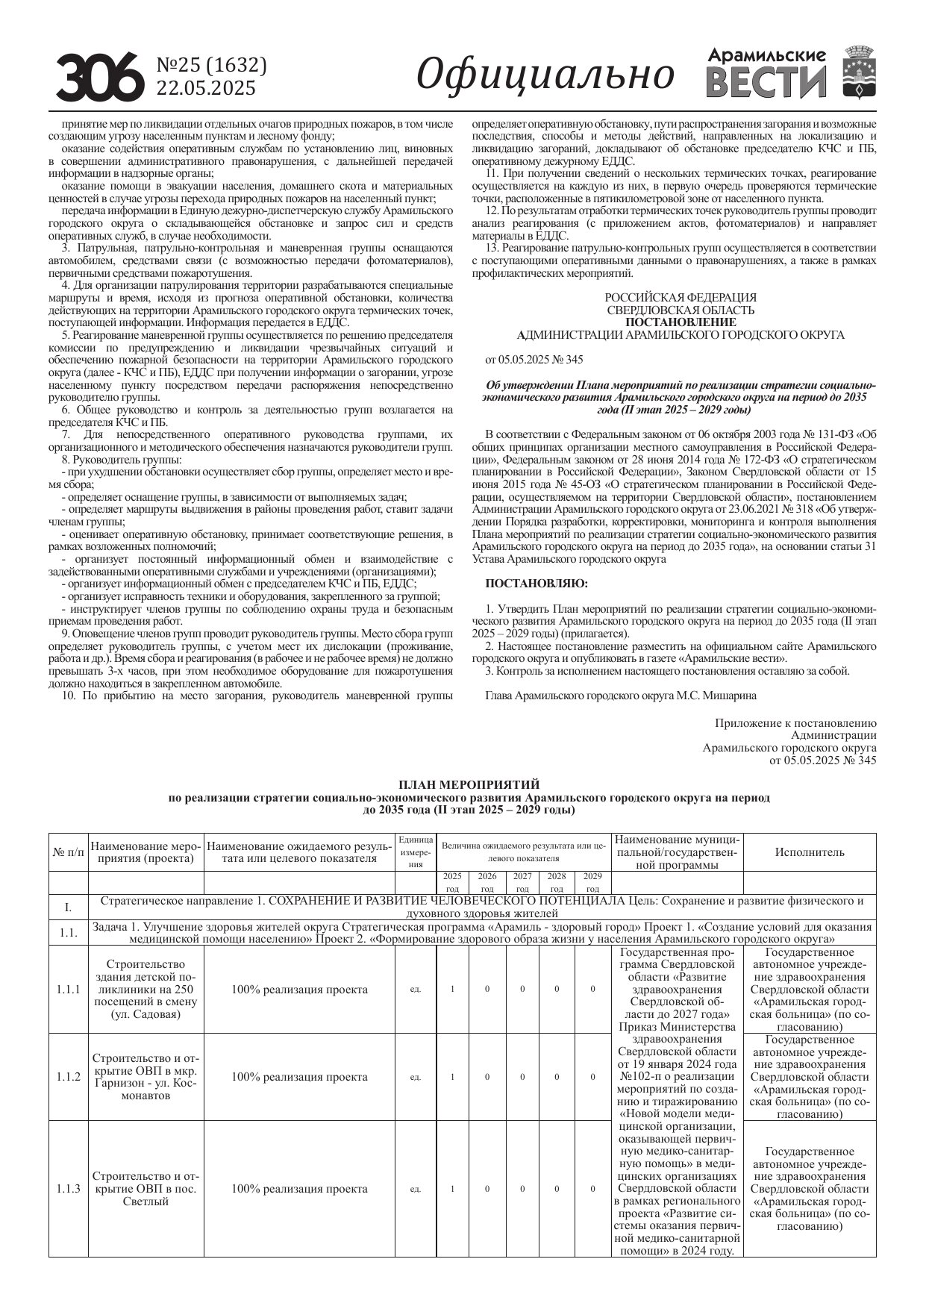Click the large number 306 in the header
(100, 77)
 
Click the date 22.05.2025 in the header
(205, 88)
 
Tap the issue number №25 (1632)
(211, 66)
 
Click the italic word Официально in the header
(545, 74)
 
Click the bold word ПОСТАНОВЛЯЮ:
(536, 583)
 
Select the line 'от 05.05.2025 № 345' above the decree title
(534, 360)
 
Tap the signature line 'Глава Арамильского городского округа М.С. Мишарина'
(620, 695)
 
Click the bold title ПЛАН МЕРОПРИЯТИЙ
(469, 784)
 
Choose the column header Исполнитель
(810, 852)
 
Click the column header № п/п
(69, 852)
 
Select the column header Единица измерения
(416, 852)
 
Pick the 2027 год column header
(522, 882)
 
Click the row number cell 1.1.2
(69, 1077)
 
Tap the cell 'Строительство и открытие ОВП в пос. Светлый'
(146, 1189)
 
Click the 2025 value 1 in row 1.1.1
(452, 990)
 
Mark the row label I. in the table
(69, 907)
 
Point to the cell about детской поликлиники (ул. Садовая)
(146, 990)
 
